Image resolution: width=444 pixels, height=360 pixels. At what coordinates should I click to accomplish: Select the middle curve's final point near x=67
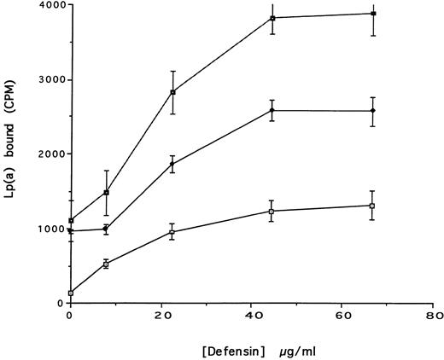tap(373, 111)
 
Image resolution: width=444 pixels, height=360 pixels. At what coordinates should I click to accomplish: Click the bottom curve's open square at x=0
tap(71, 293)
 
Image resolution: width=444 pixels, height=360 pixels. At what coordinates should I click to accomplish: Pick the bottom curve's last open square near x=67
tap(373, 206)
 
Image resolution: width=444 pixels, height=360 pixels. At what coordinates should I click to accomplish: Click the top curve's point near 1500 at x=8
tap(106, 192)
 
